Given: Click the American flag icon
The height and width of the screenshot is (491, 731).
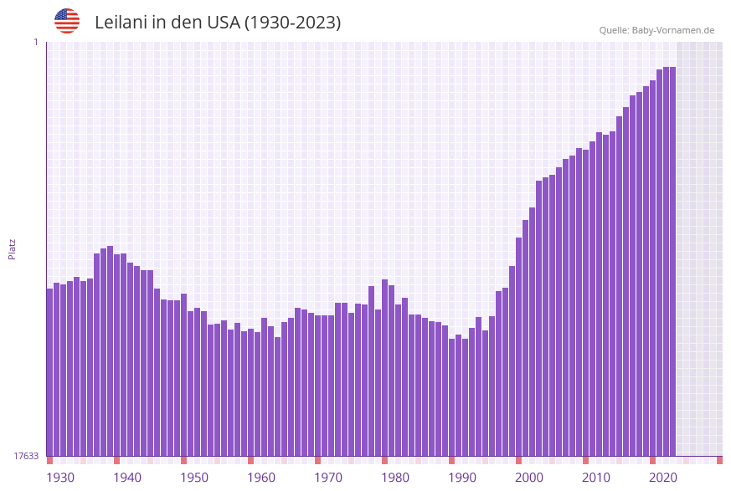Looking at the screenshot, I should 67,21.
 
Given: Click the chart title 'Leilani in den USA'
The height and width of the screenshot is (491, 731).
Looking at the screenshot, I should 218,23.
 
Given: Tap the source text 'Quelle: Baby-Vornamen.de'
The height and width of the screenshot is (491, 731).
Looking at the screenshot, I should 656,30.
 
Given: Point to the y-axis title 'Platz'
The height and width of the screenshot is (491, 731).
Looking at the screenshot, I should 13,248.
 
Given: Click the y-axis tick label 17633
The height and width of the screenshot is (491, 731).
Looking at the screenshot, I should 26,456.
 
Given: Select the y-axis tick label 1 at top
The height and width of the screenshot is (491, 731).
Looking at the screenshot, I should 36,42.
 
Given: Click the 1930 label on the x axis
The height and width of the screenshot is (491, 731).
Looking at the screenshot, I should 59,478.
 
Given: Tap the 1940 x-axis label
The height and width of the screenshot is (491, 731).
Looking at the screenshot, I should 127,478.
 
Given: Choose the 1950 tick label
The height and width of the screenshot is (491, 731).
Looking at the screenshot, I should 194,478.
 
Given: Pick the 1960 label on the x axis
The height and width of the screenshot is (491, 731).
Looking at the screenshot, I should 261,478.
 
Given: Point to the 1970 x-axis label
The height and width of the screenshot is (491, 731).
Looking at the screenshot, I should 328,478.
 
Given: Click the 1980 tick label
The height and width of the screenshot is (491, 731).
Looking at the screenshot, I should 395,478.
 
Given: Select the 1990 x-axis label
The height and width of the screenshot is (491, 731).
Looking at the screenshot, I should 462,478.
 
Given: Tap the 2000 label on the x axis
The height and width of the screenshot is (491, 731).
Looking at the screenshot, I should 529,478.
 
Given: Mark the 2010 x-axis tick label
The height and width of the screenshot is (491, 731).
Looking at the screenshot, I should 596,478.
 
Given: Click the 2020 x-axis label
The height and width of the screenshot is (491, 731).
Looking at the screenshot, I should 663,478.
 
